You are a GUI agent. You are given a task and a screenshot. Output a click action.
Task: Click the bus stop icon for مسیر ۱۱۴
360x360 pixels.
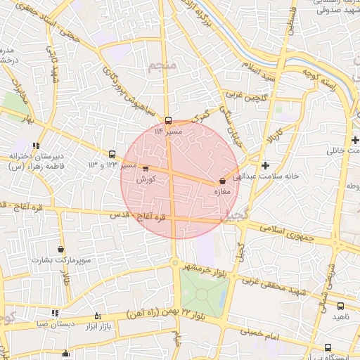tap(168, 120)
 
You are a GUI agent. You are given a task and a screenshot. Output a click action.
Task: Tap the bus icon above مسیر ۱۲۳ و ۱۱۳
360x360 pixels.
tap(112, 154)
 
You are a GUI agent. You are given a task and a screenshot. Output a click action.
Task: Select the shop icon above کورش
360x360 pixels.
tap(146, 169)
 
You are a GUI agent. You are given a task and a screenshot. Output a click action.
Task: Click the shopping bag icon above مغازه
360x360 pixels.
tap(222, 181)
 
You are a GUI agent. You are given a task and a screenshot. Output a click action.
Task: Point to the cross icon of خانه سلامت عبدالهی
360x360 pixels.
tap(265, 165)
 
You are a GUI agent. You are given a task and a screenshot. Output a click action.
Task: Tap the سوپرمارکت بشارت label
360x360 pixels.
tap(61, 260)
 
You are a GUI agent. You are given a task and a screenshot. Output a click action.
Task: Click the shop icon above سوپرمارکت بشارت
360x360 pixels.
tap(61, 249)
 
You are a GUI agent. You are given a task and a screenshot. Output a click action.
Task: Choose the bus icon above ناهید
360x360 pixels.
tap(341, 306)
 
